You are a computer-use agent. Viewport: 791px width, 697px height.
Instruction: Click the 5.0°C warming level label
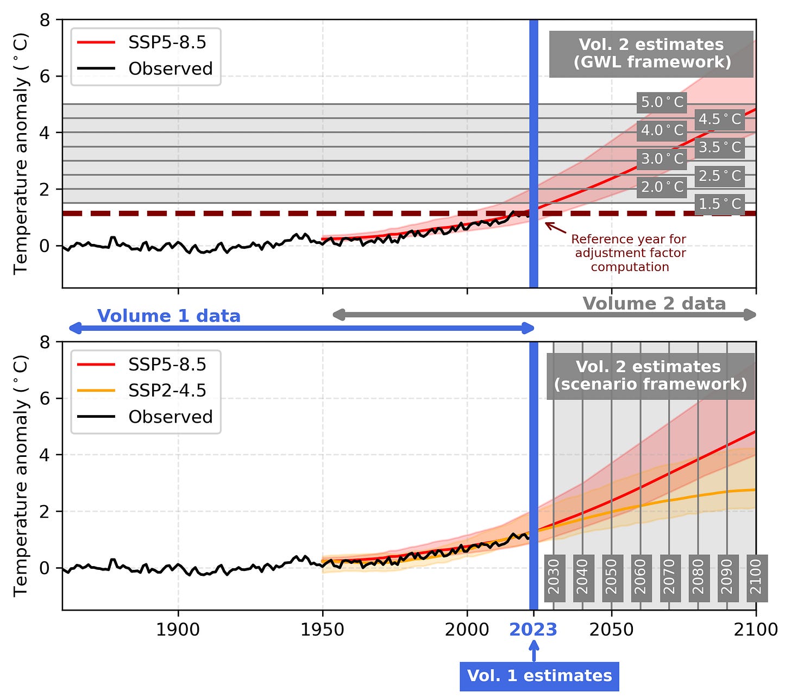point(662,102)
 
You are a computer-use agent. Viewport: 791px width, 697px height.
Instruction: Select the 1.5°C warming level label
point(719,204)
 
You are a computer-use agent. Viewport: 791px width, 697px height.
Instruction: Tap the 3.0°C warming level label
point(662,159)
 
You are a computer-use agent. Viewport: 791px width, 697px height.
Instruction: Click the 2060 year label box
point(641,578)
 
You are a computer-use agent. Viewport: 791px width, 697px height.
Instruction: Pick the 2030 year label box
point(554,578)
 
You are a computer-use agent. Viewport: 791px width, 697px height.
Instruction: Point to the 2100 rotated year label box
point(756,578)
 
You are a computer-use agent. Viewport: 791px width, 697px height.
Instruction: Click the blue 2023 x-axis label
point(533,630)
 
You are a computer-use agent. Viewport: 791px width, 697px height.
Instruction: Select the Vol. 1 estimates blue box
point(539,676)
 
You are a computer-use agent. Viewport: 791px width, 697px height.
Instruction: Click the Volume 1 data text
point(168,316)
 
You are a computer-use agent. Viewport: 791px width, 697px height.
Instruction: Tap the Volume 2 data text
point(654,304)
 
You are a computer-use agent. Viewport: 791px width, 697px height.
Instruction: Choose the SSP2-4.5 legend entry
point(167,391)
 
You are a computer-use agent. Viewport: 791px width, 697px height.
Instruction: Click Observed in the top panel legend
point(170,69)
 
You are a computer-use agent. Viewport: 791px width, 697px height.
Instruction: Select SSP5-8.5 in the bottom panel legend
point(167,365)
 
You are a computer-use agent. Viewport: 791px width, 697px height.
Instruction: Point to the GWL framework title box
point(651,53)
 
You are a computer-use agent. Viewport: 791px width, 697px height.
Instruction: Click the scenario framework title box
point(650,375)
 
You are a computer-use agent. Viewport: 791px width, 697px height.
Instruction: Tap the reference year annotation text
point(629,253)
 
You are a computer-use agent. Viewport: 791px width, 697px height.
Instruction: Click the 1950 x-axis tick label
point(323,630)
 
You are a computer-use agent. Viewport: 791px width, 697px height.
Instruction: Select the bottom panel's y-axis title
point(21,475)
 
